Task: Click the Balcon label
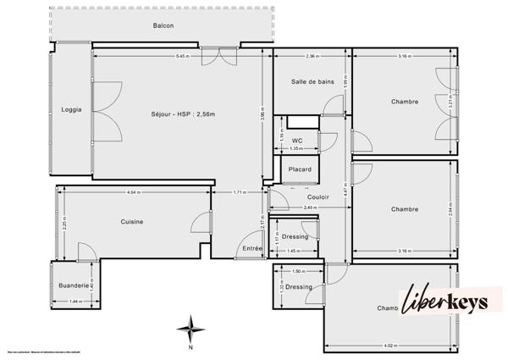click(x=163, y=25)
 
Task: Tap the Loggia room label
click(x=72, y=109)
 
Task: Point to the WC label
click(x=297, y=141)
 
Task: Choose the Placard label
click(x=300, y=169)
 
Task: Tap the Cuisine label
click(x=131, y=222)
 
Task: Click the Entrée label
click(x=252, y=247)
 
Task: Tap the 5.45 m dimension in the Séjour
click(x=182, y=57)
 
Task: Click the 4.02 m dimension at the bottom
click(x=390, y=345)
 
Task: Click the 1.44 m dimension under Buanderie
click(x=75, y=302)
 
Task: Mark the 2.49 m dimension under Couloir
click(x=309, y=208)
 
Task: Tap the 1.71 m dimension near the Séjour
click(x=240, y=193)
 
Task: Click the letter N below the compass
click(x=192, y=346)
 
